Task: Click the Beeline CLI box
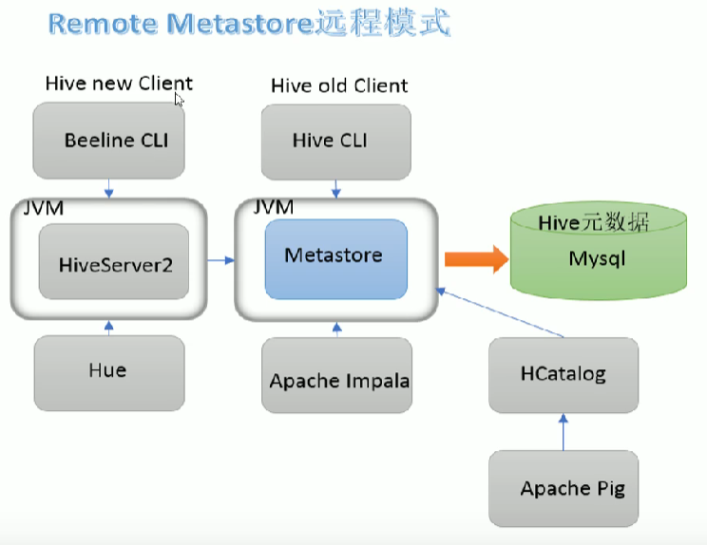pos(109,141)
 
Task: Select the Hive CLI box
pos(335,141)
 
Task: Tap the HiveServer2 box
pos(114,263)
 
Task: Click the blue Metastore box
pos(334,256)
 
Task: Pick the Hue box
pos(108,371)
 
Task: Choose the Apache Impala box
pos(337,380)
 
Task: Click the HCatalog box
pos(563,373)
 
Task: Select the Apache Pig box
pos(565,488)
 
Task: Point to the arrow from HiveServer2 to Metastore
pos(221,258)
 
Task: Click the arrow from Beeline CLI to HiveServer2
pos(109,187)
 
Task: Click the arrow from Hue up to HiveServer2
pos(108,328)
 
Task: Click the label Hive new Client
pos(119,84)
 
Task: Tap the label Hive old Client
pos(339,85)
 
